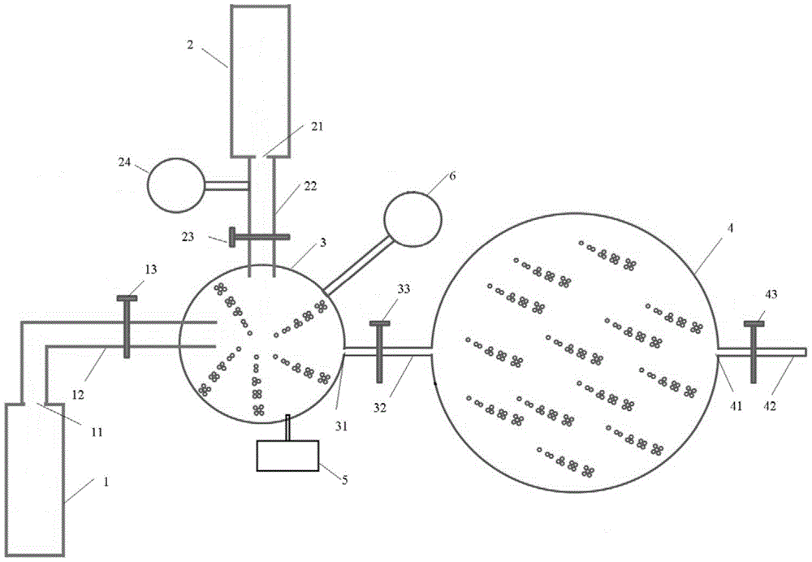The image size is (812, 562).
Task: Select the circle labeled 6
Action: (x=412, y=218)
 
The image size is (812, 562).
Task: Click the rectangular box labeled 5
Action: (x=288, y=456)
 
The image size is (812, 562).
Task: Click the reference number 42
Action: (x=770, y=407)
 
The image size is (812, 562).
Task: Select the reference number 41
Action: (x=736, y=407)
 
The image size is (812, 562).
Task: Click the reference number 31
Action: (x=341, y=426)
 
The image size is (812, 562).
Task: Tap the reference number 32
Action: (x=380, y=409)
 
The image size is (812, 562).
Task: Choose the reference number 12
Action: (x=78, y=396)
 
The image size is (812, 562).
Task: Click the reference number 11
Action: (x=97, y=431)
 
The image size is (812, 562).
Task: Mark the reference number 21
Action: (x=317, y=126)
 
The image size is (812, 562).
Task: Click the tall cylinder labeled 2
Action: (x=260, y=80)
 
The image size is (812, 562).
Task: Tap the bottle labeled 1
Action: (x=35, y=479)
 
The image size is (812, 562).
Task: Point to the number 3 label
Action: (x=322, y=242)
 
